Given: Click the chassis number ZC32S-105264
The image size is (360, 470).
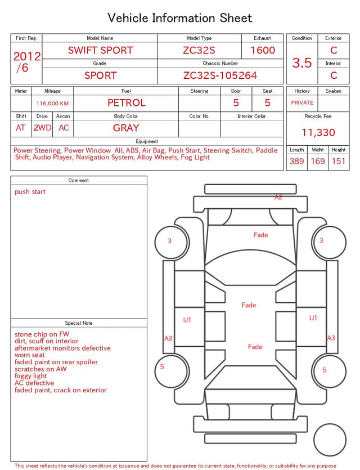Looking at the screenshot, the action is point(220,75).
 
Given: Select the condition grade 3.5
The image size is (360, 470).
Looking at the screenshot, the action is point(302,62).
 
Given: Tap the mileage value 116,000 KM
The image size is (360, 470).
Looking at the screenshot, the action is point(52,104).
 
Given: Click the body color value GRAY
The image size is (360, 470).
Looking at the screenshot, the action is point(126,128).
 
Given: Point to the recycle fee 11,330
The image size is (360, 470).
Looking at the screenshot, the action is point(318,132).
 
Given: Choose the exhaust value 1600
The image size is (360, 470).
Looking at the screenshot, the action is point(262,50).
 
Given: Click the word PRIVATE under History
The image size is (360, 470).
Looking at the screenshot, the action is point(302,102).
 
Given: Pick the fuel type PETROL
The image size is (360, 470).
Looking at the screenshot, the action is point(127,103).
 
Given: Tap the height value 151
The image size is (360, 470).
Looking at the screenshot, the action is point(339,161).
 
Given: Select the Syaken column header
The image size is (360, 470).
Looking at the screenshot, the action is point(333,91).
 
